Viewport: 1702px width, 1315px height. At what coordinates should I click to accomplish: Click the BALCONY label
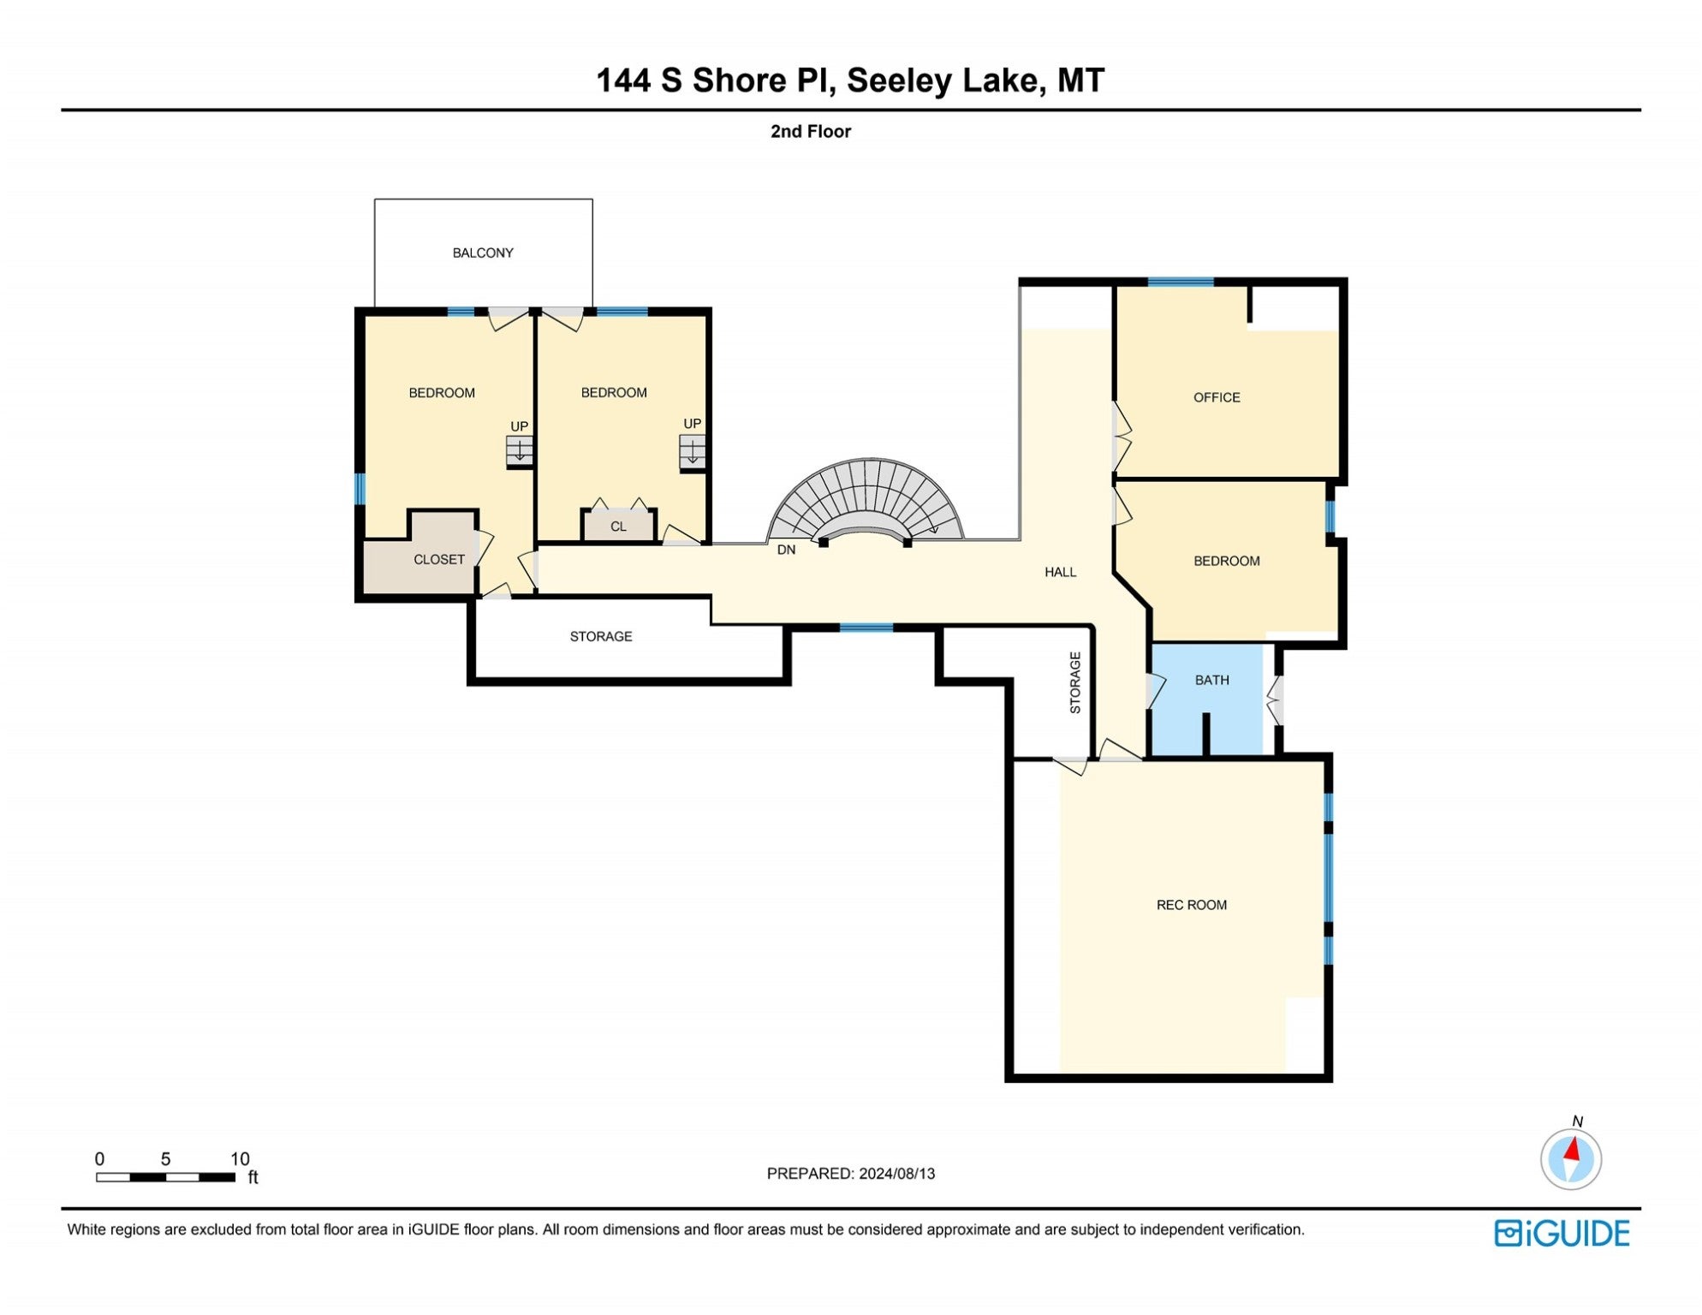(x=483, y=253)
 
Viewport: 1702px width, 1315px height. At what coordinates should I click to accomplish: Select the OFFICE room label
(x=1217, y=397)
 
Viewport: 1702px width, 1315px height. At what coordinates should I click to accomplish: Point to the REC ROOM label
(x=1191, y=905)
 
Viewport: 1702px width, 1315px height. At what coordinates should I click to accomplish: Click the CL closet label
(x=618, y=527)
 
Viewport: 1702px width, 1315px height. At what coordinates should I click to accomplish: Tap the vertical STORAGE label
(x=1075, y=682)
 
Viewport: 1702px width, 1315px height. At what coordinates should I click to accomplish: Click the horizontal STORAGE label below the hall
(x=601, y=636)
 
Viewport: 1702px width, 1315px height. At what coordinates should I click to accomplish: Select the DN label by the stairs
(x=786, y=550)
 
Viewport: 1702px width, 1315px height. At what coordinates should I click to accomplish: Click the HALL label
(x=1060, y=572)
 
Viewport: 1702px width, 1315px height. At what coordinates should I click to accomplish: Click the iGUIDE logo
(x=1562, y=1233)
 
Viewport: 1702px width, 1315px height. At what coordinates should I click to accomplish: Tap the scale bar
(x=165, y=1177)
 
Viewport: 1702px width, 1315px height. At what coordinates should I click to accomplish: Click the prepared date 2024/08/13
(x=896, y=1173)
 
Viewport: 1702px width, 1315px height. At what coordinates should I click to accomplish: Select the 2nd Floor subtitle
(x=810, y=131)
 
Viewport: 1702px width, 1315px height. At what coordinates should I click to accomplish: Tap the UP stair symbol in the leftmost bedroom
(x=519, y=449)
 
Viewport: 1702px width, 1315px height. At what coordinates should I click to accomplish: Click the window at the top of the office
(x=1180, y=282)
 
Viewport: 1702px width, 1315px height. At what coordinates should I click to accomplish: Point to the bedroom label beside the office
(x=1226, y=561)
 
